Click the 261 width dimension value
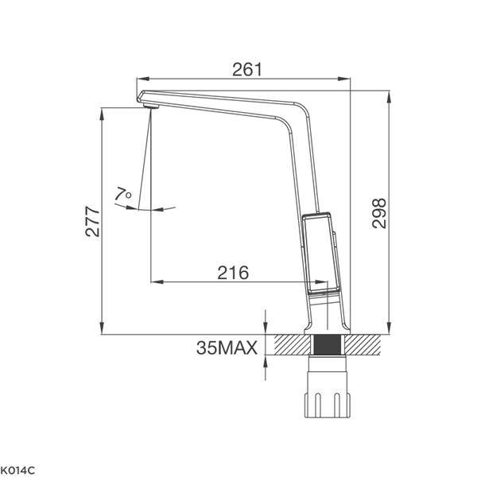click(x=246, y=70)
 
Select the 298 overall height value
click(x=379, y=213)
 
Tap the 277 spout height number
click(x=92, y=222)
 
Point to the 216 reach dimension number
click(x=233, y=273)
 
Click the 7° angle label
click(x=123, y=194)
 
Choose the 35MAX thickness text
click(x=227, y=347)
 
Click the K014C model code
click(x=17, y=471)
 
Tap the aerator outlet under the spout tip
click(x=151, y=106)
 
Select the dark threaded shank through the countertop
click(x=328, y=344)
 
